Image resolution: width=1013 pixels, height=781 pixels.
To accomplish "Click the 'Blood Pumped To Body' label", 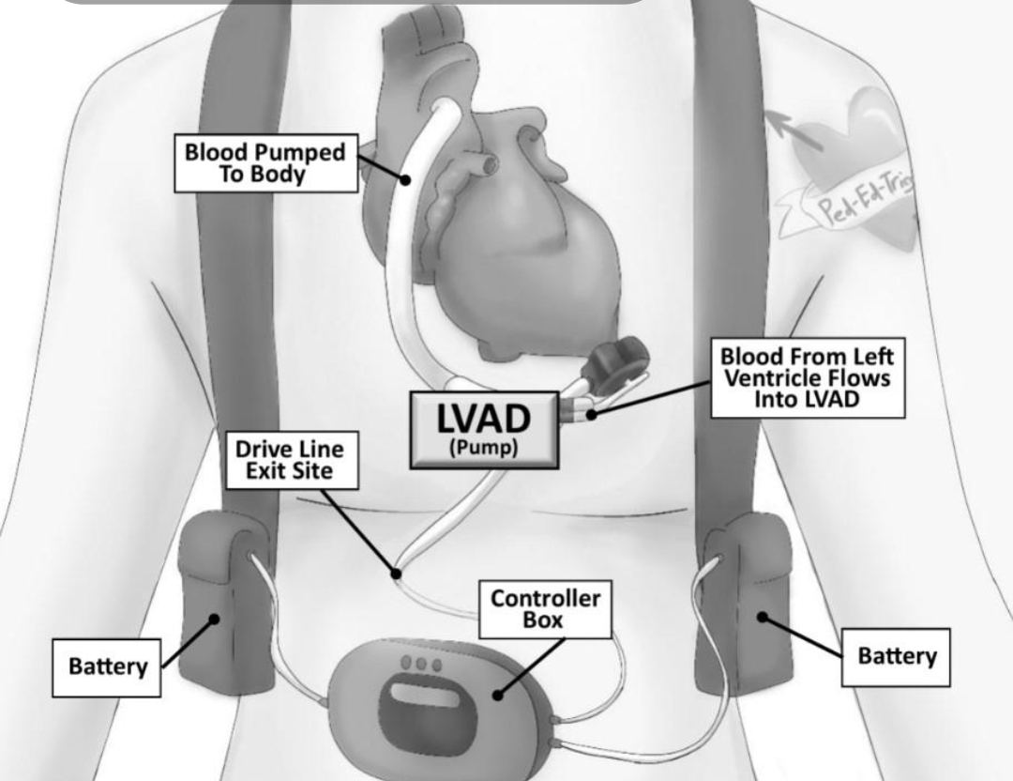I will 265,163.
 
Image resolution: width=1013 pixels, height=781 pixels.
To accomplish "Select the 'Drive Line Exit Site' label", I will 292,460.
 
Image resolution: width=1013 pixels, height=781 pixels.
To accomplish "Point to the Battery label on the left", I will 107,666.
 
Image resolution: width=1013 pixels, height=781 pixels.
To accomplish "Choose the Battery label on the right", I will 896,656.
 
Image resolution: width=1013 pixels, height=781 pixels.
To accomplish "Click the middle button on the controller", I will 421,664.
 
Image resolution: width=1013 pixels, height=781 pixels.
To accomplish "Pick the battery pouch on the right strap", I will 748,601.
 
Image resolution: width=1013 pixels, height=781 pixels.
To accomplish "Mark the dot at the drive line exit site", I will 397,573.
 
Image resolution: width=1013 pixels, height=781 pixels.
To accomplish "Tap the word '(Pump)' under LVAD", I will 483,447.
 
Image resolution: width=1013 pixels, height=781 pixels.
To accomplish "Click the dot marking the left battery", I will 215,618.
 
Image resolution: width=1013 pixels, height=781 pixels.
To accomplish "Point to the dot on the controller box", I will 497,696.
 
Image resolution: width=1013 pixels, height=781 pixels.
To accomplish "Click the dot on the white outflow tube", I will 406,178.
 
